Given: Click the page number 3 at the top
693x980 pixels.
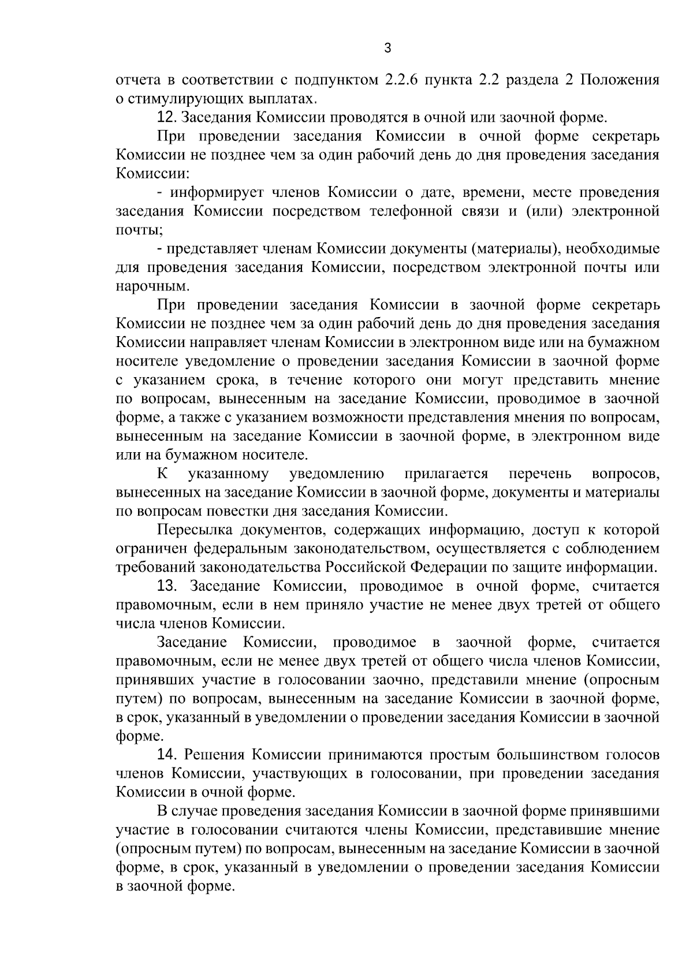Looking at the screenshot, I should click(388, 49).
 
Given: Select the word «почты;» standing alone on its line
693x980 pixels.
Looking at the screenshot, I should click(139, 230).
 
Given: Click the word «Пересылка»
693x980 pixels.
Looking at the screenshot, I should click(195, 530).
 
